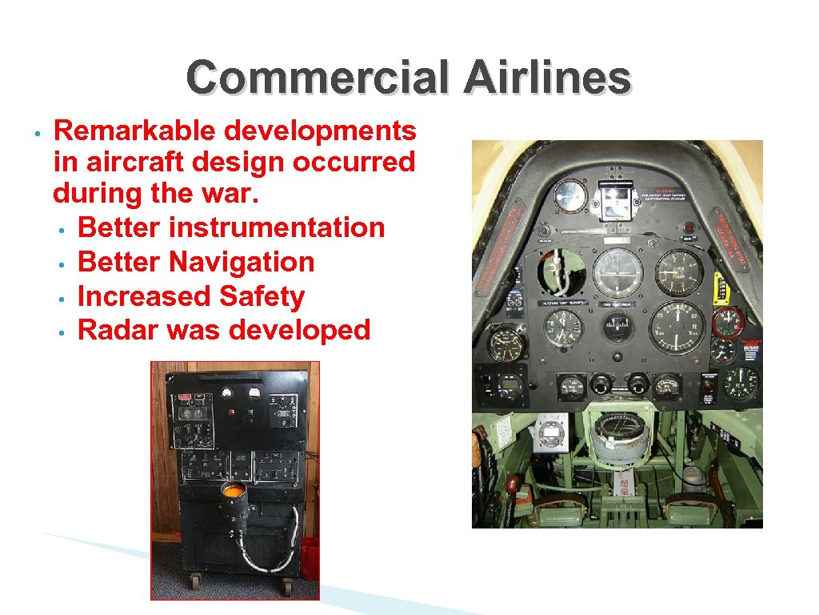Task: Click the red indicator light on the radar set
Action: [232, 413]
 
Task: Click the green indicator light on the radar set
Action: [250, 414]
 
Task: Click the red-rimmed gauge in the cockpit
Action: [729, 322]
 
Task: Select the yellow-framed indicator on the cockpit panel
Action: [723, 287]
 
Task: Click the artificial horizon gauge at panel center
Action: [617, 272]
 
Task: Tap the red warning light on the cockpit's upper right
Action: [688, 238]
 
